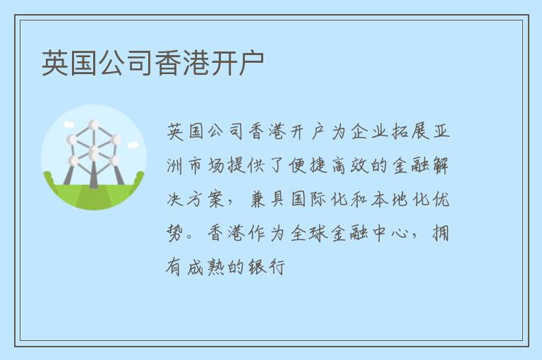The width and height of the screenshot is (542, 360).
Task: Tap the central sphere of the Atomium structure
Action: tap(94, 151)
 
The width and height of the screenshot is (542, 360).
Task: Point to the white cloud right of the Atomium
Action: tap(133, 145)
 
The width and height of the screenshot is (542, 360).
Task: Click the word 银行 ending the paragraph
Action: tap(266, 268)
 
